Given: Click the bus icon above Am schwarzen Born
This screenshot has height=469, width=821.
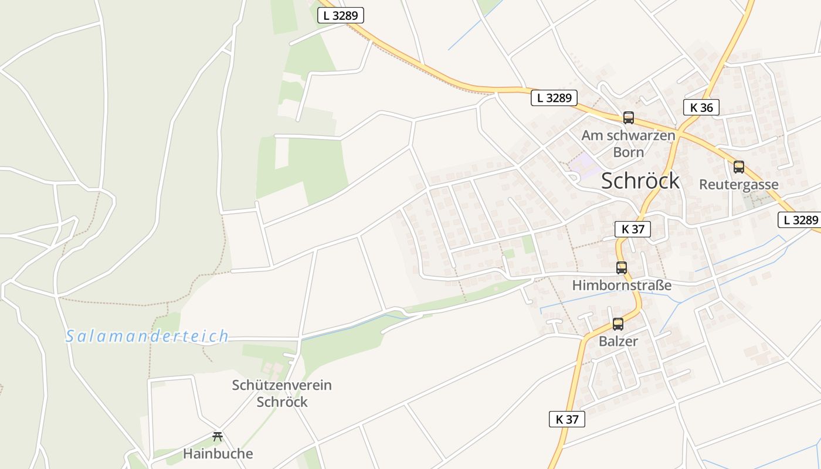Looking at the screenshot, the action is click(629, 117).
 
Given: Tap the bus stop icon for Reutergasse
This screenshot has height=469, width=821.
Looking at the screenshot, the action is click(739, 167).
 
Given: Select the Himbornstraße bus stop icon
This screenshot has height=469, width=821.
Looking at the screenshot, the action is click(622, 268).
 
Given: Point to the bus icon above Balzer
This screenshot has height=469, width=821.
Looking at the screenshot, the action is click(618, 324).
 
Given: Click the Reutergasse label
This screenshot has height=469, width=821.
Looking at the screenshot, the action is click(739, 185).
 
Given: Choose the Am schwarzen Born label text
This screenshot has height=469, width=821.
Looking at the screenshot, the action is click(628, 144).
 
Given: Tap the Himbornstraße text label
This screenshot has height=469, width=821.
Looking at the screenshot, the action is click(622, 286).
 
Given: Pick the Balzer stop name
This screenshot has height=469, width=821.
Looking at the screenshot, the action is click(618, 341).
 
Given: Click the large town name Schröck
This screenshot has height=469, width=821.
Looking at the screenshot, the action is click(640, 181).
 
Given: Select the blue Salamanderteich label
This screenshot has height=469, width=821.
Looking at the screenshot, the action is click(147, 337).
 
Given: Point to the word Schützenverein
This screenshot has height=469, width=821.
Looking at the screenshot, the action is click(281, 385).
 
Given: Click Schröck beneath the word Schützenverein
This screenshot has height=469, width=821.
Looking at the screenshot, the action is click(282, 402).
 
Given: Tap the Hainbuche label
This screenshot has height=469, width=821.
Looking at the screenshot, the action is click(218, 454).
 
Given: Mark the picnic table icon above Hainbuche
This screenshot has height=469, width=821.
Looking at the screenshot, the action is click(218, 436).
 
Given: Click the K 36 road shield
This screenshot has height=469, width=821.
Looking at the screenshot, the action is click(701, 107).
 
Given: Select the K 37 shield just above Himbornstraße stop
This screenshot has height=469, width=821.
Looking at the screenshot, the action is click(633, 229).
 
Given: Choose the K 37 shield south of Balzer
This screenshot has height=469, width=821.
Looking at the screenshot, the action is click(567, 419).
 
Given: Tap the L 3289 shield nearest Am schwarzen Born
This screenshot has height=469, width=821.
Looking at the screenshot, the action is click(554, 98).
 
